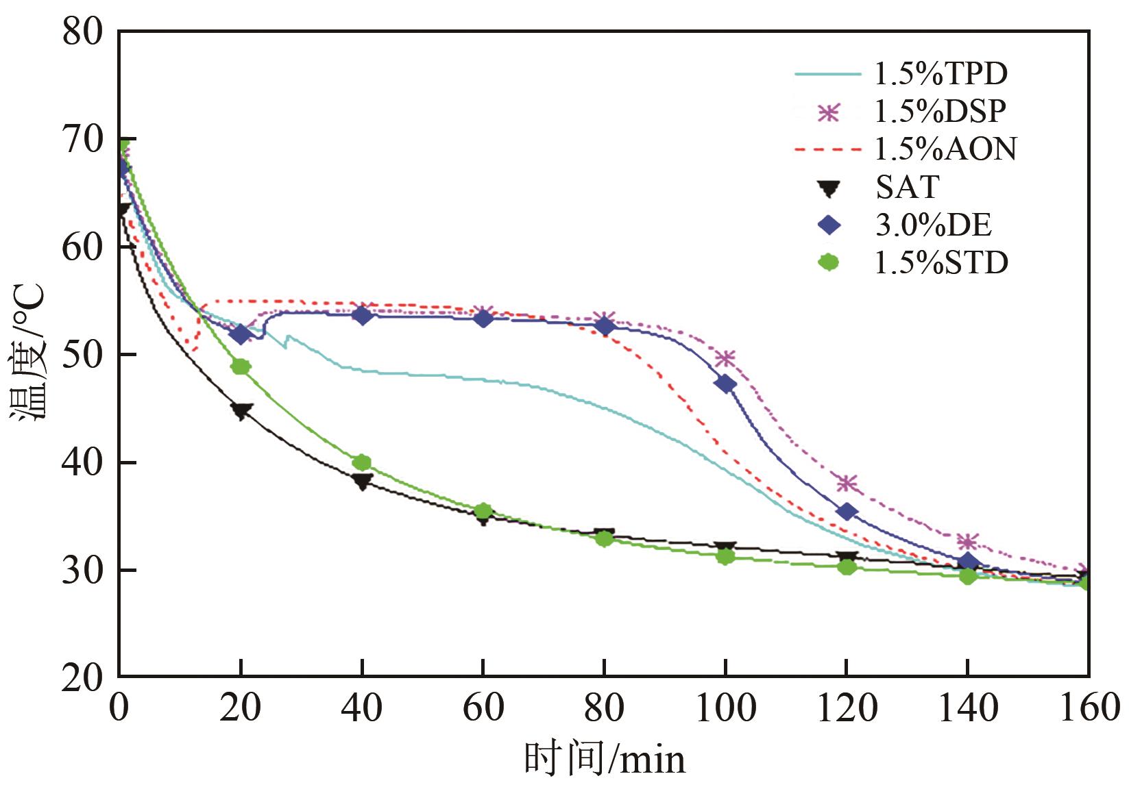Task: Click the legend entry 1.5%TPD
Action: (x=940, y=73)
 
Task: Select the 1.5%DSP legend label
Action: (x=940, y=111)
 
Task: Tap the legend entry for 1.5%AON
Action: (x=945, y=149)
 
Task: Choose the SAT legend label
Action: (x=907, y=186)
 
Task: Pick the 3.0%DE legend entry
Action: (x=933, y=225)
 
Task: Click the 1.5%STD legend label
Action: (x=941, y=262)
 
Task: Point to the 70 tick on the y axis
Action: (x=82, y=140)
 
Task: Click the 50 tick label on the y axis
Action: (x=82, y=355)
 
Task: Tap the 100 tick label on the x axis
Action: (x=725, y=708)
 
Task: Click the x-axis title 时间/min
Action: (x=605, y=759)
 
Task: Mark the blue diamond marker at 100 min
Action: (x=725, y=384)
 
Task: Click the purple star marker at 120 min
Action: (x=847, y=484)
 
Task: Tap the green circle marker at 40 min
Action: (x=362, y=462)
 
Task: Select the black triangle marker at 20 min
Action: (x=241, y=411)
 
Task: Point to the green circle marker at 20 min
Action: (x=241, y=366)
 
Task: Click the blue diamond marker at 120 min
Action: (x=847, y=512)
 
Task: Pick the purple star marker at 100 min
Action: (x=725, y=358)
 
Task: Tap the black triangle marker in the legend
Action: (x=829, y=188)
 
